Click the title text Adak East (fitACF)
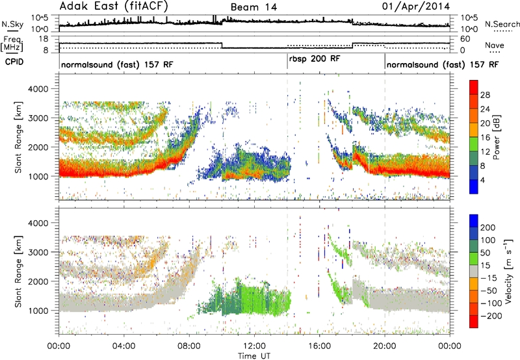(114, 6)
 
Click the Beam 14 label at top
(253, 7)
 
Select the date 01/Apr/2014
(416, 6)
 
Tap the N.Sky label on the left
(12, 24)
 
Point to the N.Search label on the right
(502, 24)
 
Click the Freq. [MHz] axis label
(12, 44)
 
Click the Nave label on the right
(495, 45)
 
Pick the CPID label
(14, 62)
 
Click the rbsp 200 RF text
(315, 59)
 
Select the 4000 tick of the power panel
(39, 89)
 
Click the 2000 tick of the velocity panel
(39, 281)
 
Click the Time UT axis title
(254, 356)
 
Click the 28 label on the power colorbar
(485, 95)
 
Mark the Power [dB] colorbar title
(496, 137)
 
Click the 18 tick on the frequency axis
(44, 39)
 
